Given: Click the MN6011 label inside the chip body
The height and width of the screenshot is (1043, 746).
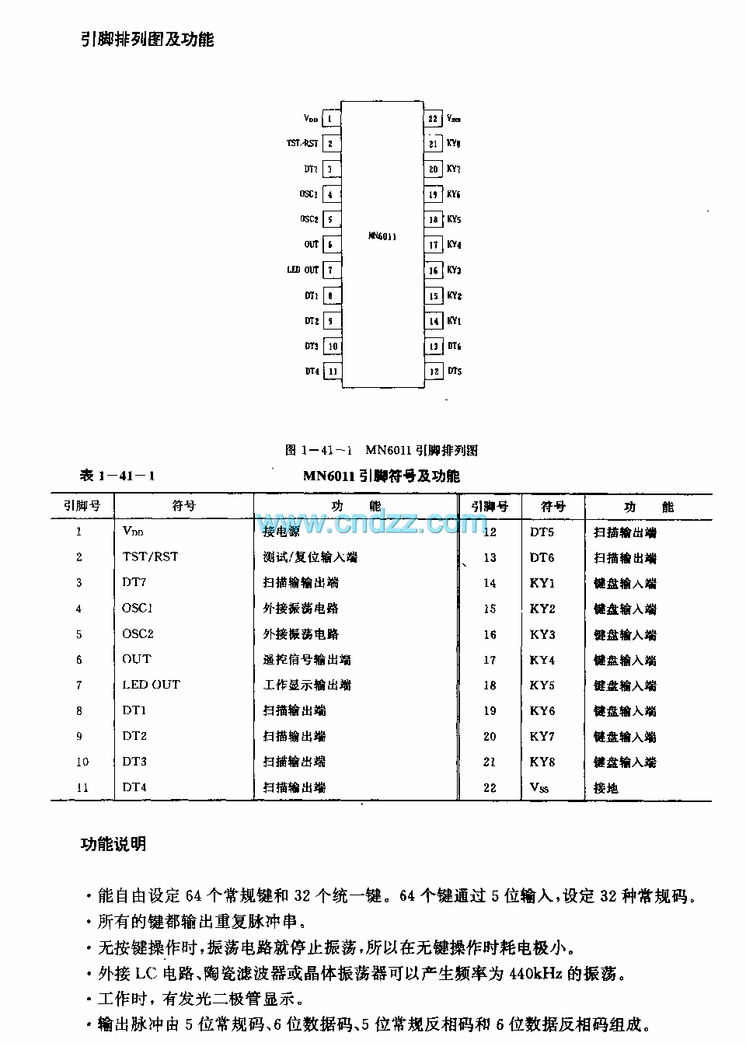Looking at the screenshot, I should tap(382, 235).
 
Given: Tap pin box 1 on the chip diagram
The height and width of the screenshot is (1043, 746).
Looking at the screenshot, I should tap(330, 119).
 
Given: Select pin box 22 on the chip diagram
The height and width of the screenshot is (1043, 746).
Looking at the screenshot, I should tap(434, 119).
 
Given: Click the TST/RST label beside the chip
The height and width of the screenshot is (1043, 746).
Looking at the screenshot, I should tap(302, 143).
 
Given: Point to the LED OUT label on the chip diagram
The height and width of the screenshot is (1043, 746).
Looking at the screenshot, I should tap(303, 270).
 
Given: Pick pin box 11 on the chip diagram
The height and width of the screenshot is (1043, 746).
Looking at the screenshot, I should tap(332, 372).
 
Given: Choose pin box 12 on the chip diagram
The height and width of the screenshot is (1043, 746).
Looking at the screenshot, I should tap(434, 372).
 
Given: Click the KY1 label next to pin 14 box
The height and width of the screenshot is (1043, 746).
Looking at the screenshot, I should tap(455, 321).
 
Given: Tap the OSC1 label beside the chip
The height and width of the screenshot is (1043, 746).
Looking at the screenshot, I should tap(309, 194).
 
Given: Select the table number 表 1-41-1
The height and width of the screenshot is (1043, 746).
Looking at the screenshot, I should tap(117, 476).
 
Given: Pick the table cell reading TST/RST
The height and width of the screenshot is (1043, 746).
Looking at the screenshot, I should tap(150, 556).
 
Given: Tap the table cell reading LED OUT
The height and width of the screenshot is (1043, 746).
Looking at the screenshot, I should tap(151, 685).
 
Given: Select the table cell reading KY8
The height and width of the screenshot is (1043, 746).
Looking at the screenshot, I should tap(543, 762).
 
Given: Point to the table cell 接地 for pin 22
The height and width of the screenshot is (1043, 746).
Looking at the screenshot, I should tap(606, 788).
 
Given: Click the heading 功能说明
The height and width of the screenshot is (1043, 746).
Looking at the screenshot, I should tap(113, 845).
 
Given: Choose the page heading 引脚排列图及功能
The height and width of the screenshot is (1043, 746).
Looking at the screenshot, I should tap(148, 40).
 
